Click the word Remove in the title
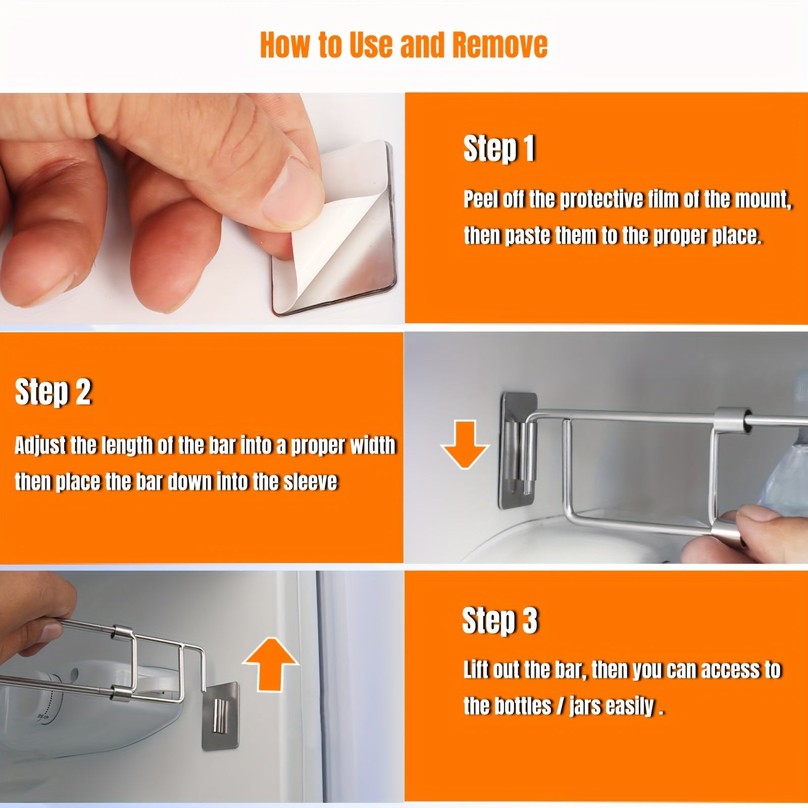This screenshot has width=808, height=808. (500, 44)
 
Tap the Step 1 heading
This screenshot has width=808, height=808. (499, 149)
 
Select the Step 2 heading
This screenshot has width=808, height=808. (53, 392)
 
